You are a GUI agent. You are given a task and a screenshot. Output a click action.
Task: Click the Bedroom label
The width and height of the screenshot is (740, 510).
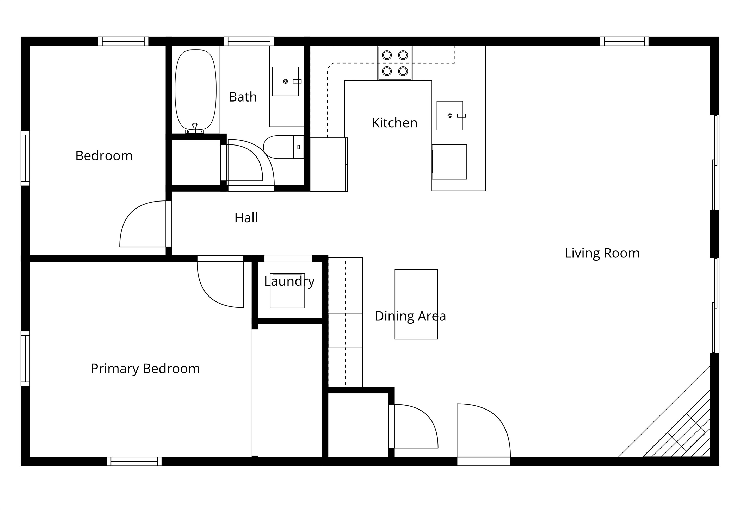[104, 156]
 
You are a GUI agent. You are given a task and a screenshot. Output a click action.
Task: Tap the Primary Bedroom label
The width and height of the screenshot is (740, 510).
[145, 369]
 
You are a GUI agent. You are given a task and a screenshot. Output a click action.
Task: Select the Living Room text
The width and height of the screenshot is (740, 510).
[602, 253]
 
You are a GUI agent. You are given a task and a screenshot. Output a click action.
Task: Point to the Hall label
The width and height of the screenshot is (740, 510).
[246, 218]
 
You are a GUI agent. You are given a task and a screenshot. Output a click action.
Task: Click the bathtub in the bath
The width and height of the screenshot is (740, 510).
[195, 90]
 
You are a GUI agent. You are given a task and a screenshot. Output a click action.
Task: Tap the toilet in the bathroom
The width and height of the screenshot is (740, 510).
[283, 147]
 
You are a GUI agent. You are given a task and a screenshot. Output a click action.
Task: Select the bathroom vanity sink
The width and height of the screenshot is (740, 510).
[285, 81]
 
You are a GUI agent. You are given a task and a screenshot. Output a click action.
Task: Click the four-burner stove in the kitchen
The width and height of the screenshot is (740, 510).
[395, 63]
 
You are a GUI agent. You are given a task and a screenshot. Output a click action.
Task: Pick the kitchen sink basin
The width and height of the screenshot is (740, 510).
[450, 115]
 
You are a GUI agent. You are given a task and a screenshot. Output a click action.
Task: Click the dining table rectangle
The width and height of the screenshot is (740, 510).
[416, 304]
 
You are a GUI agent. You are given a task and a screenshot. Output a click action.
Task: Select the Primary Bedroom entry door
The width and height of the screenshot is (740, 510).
[218, 288]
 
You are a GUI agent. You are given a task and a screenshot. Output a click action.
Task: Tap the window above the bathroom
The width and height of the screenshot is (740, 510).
[249, 42]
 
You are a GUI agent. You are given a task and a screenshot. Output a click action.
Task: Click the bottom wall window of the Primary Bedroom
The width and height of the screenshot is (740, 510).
[134, 461]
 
